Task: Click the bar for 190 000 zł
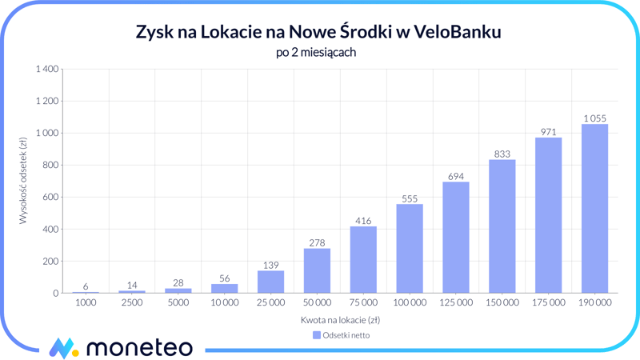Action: [594, 209]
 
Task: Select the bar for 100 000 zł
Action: [410, 249]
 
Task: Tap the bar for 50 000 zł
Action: [317, 271]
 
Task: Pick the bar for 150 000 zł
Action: [502, 226]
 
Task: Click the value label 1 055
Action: [594, 118]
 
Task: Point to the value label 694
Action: [456, 176]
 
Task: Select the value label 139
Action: [270, 265]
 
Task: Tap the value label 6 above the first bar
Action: [86, 286]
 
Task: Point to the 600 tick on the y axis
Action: [50, 197]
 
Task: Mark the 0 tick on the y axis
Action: [55, 294]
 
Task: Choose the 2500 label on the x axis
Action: [132, 303]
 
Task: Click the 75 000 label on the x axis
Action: [363, 303]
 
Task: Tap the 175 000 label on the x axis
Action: [548, 303]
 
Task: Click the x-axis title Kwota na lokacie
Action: [341, 320]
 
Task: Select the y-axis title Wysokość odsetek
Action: [23, 181]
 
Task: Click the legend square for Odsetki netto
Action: [317, 335]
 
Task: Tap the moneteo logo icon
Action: [63, 348]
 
